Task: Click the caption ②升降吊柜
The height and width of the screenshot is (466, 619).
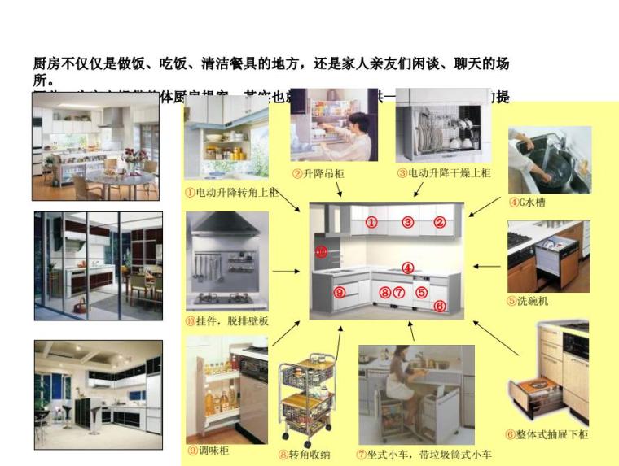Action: pyautogui.click(x=318, y=173)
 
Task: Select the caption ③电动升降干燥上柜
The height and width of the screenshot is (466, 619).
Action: pyautogui.click(x=444, y=173)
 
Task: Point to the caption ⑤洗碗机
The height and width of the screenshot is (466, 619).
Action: pyautogui.click(x=527, y=299)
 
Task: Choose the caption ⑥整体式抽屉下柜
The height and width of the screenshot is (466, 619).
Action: pyautogui.click(x=547, y=434)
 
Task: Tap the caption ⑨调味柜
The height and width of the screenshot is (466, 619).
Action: pyautogui.click(x=209, y=449)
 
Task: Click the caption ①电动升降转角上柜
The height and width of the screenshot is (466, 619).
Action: pyautogui.click(x=231, y=193)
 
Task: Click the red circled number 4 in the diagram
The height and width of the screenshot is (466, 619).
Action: pyautogui.click(x=408, y=268)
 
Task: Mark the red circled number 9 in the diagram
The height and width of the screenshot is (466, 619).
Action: pyautogui.click(x=340, y=292)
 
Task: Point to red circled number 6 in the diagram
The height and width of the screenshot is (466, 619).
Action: pyautogui.click(x=440, y=306)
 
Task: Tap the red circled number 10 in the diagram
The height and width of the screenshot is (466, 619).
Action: pyautogui.click(x=322, y=252)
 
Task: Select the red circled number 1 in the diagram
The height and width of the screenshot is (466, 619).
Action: pyautogui.click(x=371, y=221)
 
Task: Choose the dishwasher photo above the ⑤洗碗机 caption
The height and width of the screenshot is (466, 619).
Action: pyautogui.click(x=548, y=251)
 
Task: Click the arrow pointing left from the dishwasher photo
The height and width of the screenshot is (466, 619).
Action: pyautogui.click(x=487, y=265)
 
